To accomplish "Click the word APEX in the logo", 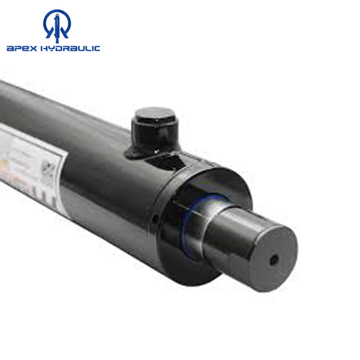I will [x=21, y=48].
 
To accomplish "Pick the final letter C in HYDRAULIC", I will [x=97, y=48].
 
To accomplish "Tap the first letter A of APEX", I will [x=10, y=48].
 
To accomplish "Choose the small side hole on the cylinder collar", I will [x=155, y=219].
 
